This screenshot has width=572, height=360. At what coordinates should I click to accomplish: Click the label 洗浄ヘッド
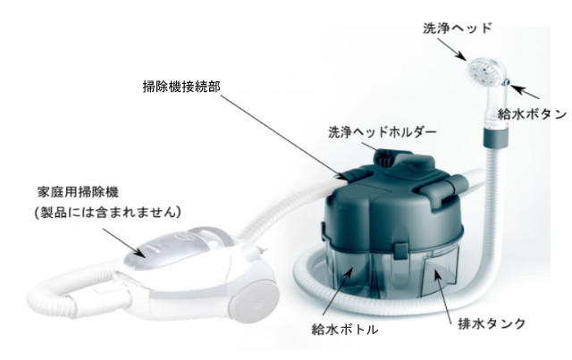[x=458, y=28]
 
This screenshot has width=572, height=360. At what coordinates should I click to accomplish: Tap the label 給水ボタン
[x=533, y=114]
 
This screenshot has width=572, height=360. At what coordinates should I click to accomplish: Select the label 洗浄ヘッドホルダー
[x=383, y=132]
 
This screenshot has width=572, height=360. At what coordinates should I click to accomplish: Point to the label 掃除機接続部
[x=181, y=87]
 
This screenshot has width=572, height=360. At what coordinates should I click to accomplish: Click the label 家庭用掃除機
[x=78, y=192]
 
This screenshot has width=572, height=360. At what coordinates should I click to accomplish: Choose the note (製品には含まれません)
[x=108, y=212]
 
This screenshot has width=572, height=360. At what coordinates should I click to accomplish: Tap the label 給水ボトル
[x=345, y=330]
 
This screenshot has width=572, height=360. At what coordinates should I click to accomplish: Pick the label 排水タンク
[x=492, y=323]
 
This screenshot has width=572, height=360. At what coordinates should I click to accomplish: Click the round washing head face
[x=482, y=69]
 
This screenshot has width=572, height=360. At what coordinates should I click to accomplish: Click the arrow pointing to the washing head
[x=451, y=49]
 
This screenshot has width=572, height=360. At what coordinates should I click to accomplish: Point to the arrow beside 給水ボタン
[x=525, y=92]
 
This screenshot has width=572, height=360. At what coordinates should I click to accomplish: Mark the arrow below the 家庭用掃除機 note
[x=123, y=242]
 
